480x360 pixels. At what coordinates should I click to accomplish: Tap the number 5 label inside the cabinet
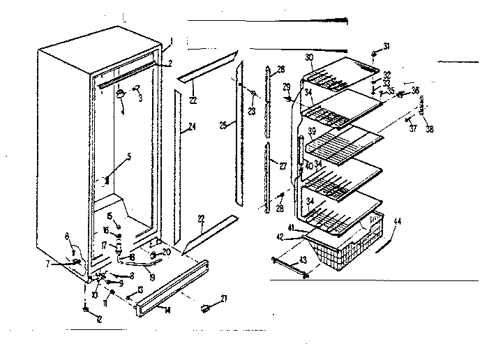tap(128, 157)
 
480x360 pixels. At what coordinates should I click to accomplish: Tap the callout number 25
tap(223, 125)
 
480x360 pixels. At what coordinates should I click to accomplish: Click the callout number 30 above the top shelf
tap(309, 57)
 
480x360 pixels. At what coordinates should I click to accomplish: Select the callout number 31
tap(387, 46)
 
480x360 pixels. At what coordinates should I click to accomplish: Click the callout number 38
tap(430, 129)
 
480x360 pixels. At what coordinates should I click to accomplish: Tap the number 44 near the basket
tap(398, 221)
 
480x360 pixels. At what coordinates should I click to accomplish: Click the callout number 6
tap(68, 237)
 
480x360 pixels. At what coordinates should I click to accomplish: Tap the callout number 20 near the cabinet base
tap(167, 252)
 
